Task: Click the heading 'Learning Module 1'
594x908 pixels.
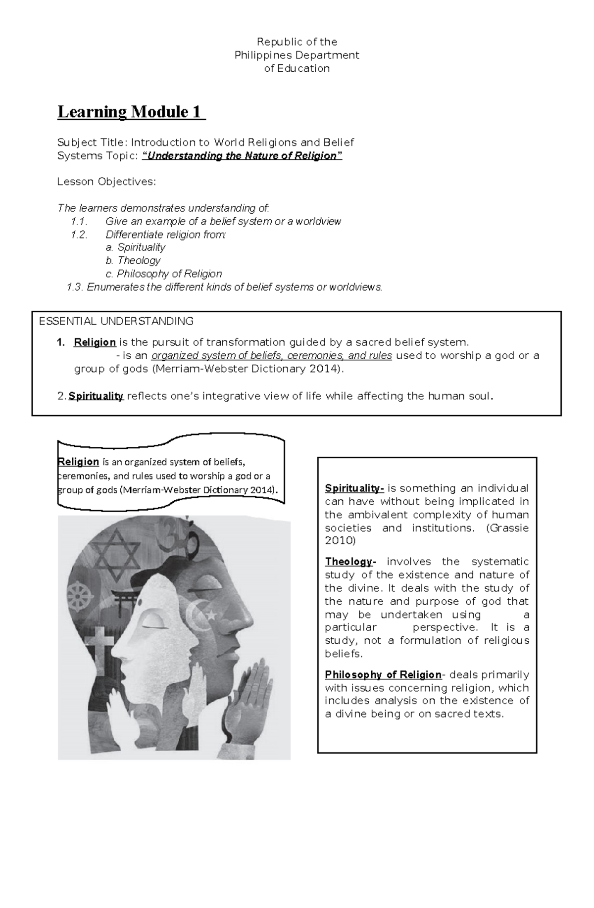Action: [x=131, y=112]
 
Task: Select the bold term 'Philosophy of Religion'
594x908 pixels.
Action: [x=383, y=674]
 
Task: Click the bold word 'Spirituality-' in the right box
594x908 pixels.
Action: [x=354, y=488]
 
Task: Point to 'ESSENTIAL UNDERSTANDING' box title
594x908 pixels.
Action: [x=116, y=321]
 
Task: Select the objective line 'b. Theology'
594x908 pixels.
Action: [x=133, y=260]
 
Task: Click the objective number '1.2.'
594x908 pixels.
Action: [x=79, y=235]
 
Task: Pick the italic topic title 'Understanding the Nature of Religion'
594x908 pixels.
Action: [x=242, y=156]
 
